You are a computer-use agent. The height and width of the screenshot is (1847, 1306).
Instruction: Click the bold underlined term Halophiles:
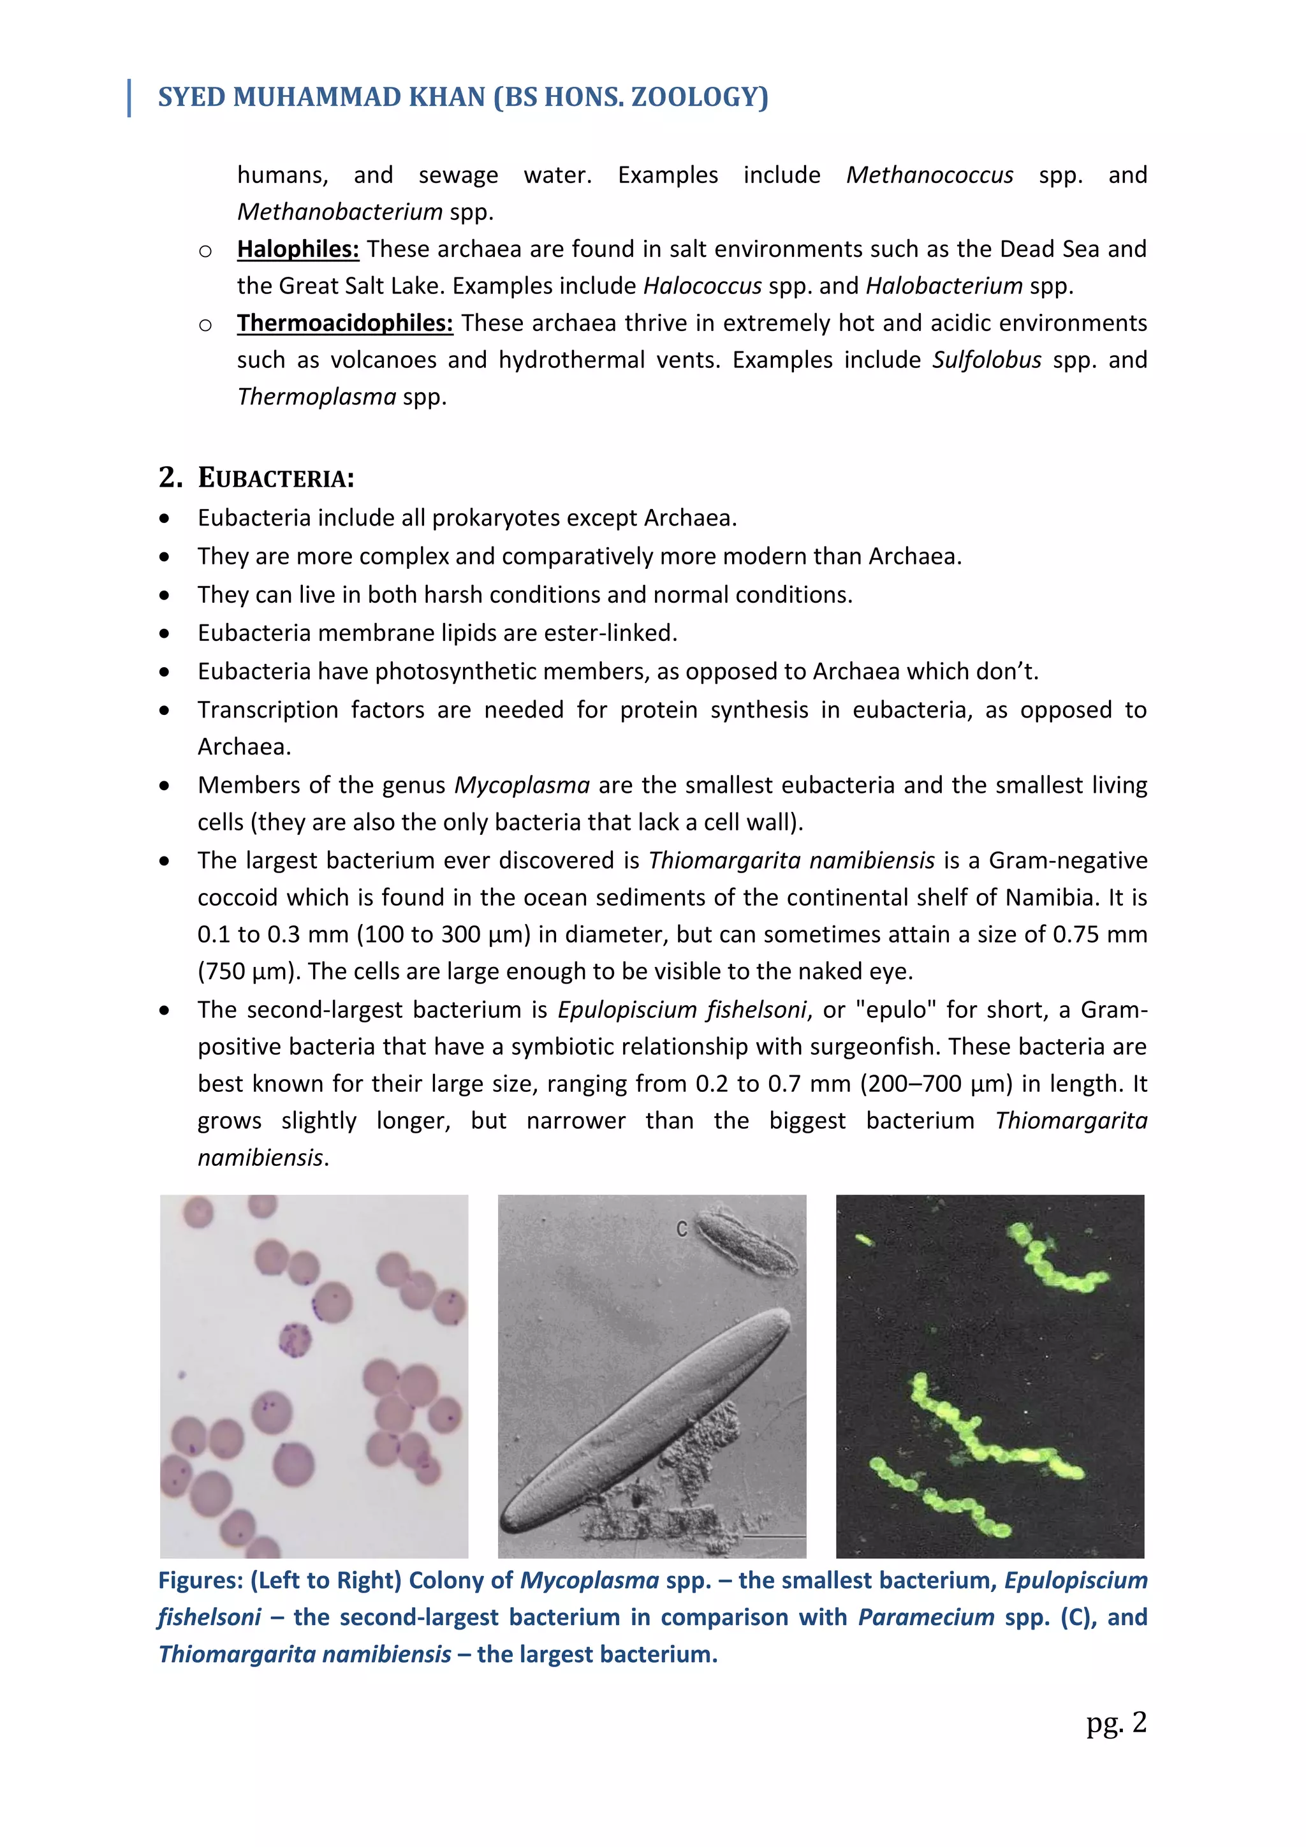pyautogui.click(x=298, y=249)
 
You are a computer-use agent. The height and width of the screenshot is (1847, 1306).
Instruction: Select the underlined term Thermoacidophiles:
pyautogui.click(x=344, y=323)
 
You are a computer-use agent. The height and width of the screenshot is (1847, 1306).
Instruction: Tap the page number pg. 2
pyautogui.click(x=1115, y=1722)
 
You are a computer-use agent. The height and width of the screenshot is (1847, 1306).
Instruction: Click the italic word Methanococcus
pyautogui.click(x=929, y=175)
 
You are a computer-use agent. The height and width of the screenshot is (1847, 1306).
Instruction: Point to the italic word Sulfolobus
pyautogui.click(x=986, y=360)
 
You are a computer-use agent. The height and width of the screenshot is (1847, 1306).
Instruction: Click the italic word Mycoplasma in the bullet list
pyautogui.click(x=522, y=785)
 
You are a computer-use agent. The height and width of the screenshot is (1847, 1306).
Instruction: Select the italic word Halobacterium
pyautogui.click(x=943, y=286)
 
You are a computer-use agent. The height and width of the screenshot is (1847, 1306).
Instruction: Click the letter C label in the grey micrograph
pyautogui.click(x=681, y=1228)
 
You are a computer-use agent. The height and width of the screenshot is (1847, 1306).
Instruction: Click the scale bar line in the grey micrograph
pyautogui.click(x=773, y=1536)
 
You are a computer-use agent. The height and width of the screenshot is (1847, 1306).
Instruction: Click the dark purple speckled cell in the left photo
pyautogui.click(x=295, y=1339)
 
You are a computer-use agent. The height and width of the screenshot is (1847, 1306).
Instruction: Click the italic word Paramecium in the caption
pyautogui.click(x=926, y=1617)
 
